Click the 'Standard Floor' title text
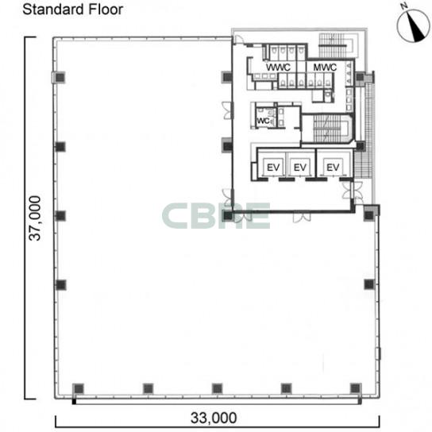pos(72,10)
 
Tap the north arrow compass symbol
pos(413,25)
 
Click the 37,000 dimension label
pos(35,218)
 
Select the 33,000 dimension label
pos(214,418)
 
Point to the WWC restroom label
pos(278,67)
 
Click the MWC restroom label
pos(325,67)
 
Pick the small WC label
pos(263,121)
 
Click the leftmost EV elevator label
pos(273,168)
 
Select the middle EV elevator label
pos(300,168)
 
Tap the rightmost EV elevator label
pos(333,168)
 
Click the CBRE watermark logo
pos(216,216)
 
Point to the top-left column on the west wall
pos(60,77)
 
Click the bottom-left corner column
pos(79,388)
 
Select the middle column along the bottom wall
pos(217,388)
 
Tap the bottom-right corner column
pos(356,388)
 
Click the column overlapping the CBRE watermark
pos(228,215)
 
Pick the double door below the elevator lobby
pos(302,217)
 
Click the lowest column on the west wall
pos(60,284)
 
